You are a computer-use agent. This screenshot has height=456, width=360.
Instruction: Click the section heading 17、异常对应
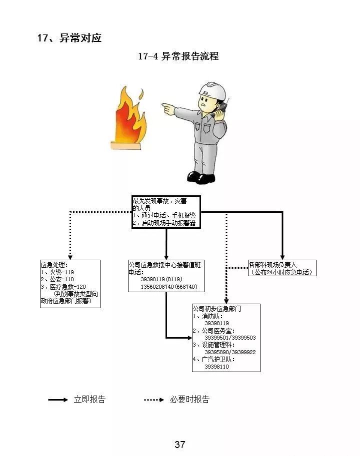click(69, 38)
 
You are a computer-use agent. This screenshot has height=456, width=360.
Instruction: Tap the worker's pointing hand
click(168, 107)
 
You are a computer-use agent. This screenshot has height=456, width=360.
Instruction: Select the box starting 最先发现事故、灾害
click(166, 212)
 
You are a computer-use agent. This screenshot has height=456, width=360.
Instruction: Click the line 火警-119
click(59, 272)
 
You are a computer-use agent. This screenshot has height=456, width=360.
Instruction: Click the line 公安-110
click(59, 279)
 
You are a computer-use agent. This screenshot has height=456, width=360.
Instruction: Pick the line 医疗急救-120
click(65, 287)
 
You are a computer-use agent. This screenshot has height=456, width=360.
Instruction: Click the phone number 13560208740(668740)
click(169, 287)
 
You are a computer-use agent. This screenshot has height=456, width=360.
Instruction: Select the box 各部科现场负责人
click(282, 268)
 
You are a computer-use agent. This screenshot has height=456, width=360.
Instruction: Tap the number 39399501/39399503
click(229, 338)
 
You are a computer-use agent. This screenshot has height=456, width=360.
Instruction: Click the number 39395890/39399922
click(229, 352)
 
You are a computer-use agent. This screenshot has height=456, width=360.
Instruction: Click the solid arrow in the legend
click(58, 400)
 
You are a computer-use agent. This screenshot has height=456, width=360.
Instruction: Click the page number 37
click(180, 445)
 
